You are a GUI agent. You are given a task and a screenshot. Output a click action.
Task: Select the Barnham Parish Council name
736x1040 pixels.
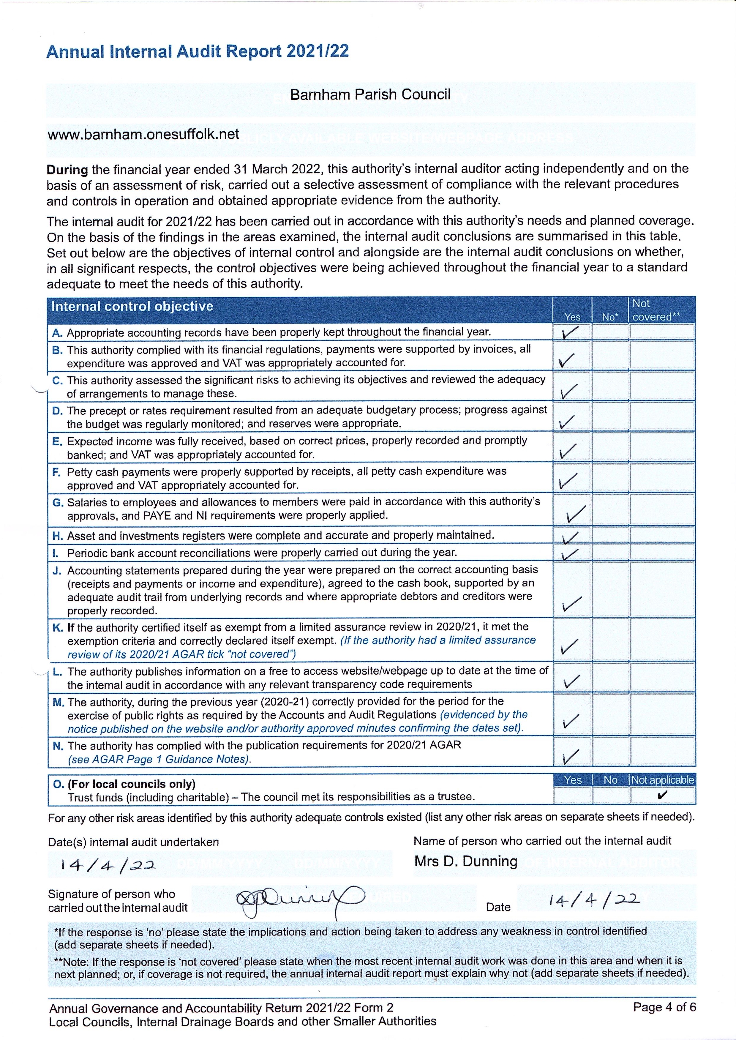(x=370, y=95)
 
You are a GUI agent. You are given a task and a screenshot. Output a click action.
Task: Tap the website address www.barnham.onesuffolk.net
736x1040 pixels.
(x=143, y=134)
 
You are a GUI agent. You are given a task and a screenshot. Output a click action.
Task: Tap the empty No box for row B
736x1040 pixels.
(x=610, y=356)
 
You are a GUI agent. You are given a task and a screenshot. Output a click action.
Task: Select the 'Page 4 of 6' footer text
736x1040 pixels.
(x=664, y=1007)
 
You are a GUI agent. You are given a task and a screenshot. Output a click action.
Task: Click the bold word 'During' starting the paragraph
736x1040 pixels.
(x=67, y=170)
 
